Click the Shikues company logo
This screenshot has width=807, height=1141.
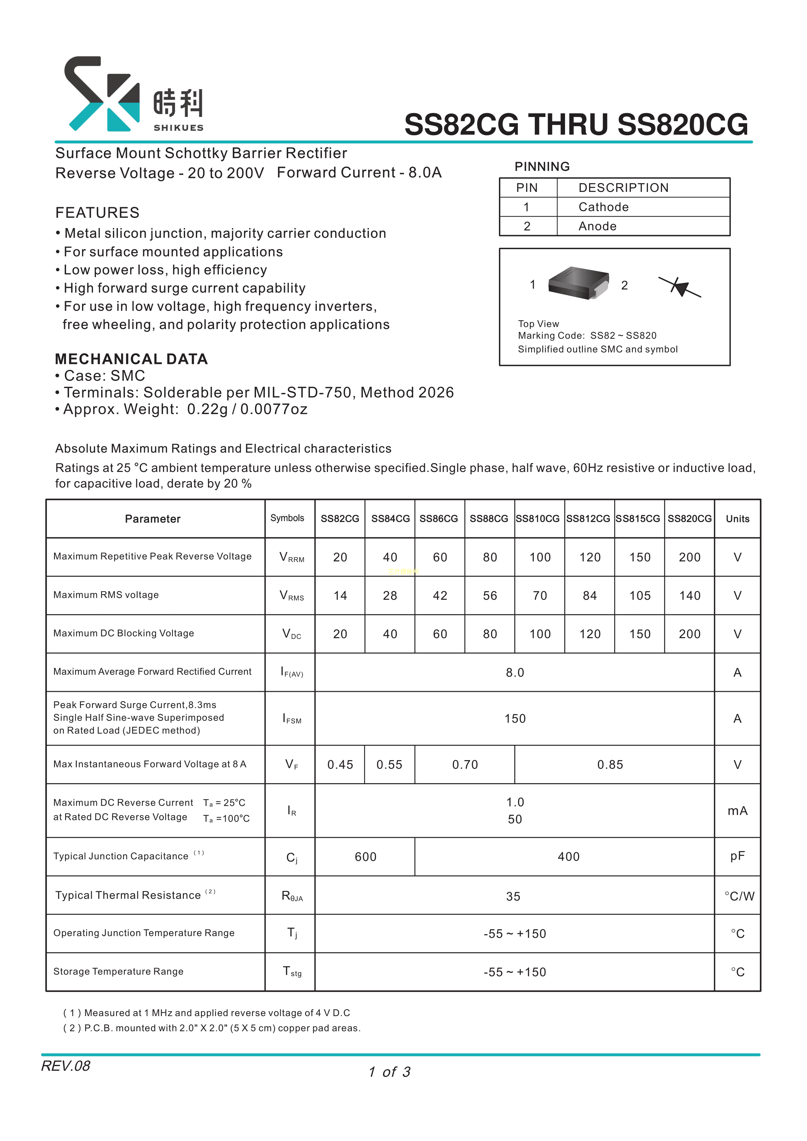click(x=133, y=94)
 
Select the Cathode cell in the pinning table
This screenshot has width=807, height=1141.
click(x=603, y=207)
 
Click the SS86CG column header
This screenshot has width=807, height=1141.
click(x=439, y=519)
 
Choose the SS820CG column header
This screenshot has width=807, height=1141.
click(x=689, y=519)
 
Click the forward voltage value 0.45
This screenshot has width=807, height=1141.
click(x=340, y=765)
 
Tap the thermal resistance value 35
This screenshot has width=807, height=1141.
click(x=513, y=896)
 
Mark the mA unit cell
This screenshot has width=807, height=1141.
click(x=737, y=811)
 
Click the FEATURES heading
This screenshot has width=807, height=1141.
click(x=97, y=213)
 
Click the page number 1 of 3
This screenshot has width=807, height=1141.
click(x=390, y=1072)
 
